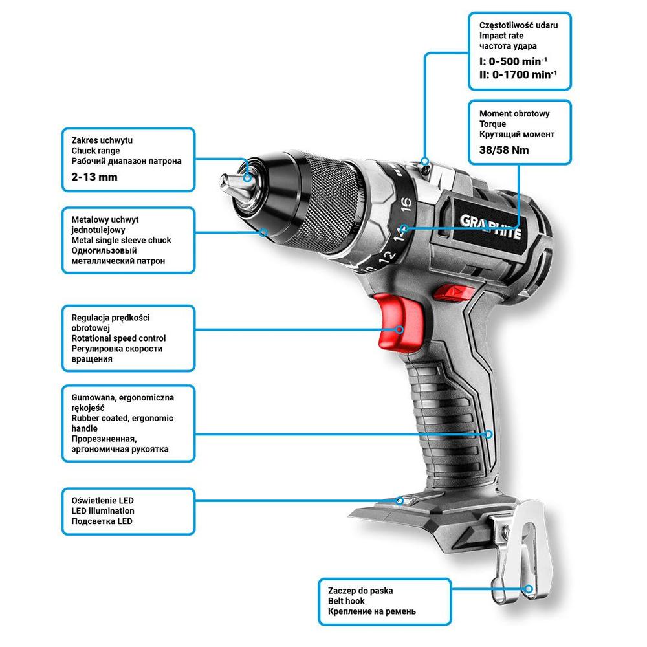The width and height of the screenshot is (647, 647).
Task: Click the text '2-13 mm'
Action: pos(94,177)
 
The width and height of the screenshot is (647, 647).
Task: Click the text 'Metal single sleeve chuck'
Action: pos(121,240)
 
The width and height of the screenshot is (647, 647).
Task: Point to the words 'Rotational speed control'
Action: pos(118,338)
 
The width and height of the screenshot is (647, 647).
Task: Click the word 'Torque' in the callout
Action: pos(493,124)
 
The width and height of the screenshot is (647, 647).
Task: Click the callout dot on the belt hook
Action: pos(530,589)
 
